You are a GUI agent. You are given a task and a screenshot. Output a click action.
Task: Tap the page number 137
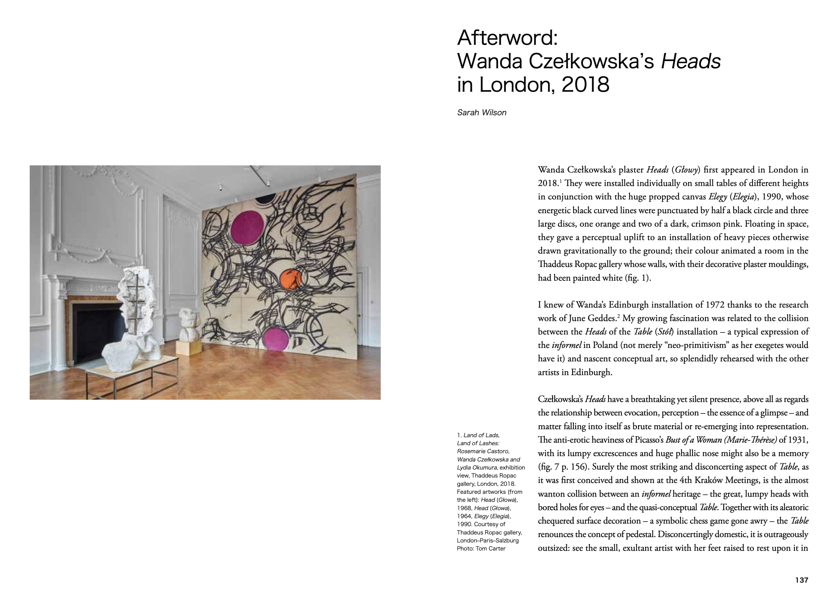(802, 580)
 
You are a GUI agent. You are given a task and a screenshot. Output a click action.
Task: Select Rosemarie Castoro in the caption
(483, 451)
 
